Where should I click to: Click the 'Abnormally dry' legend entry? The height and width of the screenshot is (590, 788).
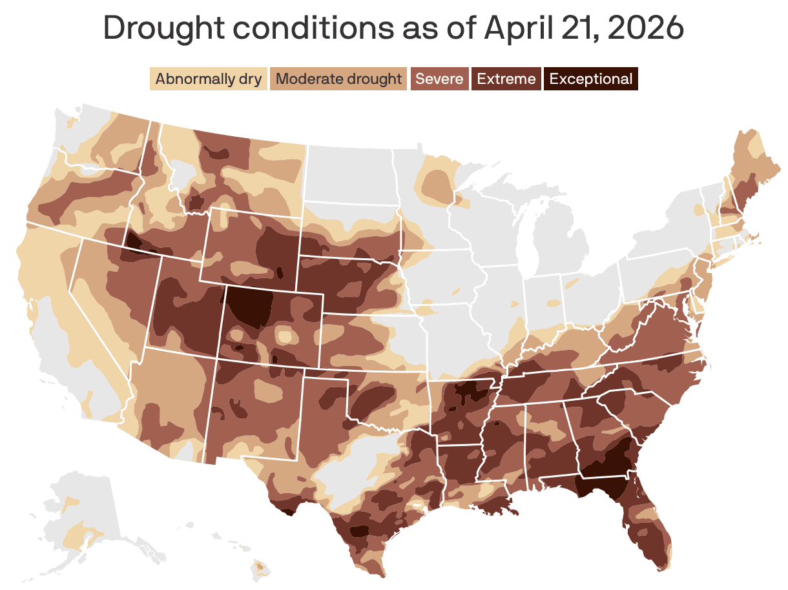click(x=208, y=79)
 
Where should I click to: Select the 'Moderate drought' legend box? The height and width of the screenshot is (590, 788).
click(x=338, y=79)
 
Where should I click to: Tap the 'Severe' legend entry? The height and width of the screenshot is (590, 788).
click(x=439, y=79)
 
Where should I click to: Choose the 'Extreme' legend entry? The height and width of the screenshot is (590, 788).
click(x=506, y=79)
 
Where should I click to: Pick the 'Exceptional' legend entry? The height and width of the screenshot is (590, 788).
click(x=590, y=79)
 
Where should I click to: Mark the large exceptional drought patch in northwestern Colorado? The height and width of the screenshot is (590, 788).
click(x=249, y=307)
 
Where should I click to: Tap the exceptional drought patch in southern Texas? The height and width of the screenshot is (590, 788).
click(x=358, y=531)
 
